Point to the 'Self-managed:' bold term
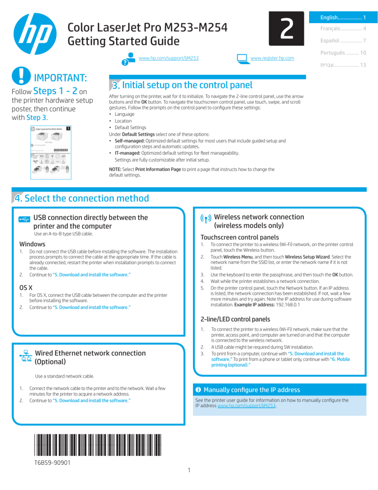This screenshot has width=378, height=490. (129, 140)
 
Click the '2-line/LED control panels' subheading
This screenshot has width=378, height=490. (236, 318)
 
